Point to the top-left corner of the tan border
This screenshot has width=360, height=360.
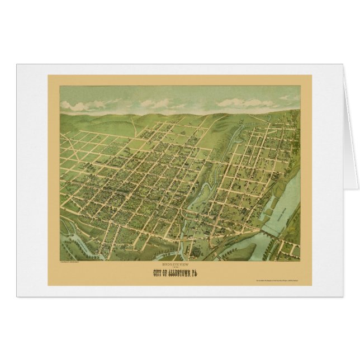click(x=49, y=75)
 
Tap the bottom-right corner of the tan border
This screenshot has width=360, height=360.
click(x=311, y=285)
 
